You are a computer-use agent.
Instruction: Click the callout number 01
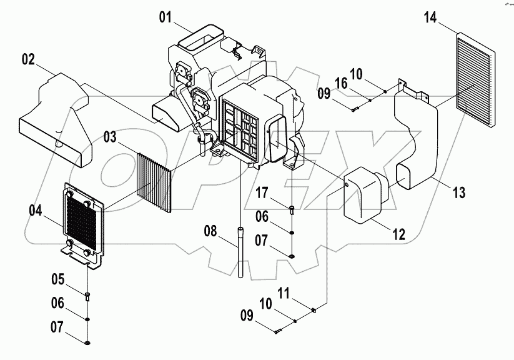point(165,17)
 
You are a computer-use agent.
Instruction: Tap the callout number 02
point(28,60)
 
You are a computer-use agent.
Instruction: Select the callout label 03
point(109,136)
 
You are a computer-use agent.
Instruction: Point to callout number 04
point(36,211)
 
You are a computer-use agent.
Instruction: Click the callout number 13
point(459,194)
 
